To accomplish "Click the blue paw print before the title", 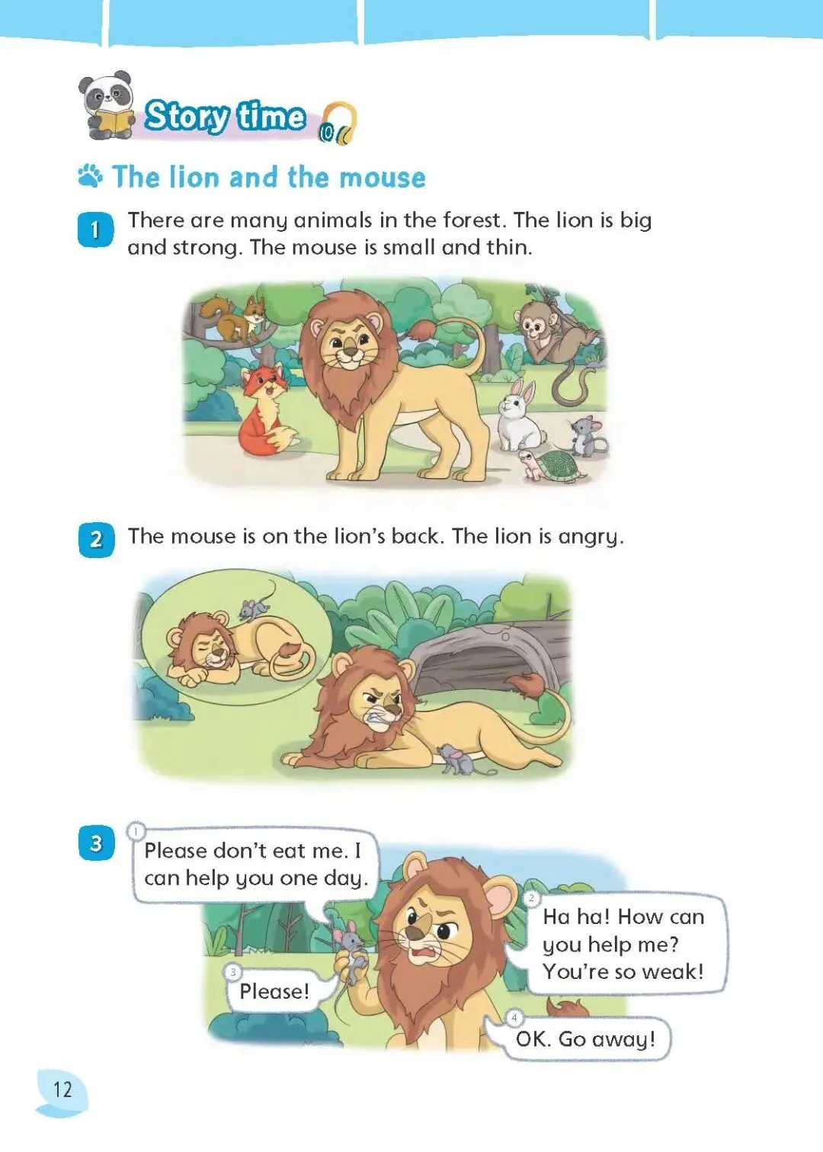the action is click(x=91, y=176).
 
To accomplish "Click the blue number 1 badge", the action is click(x=95, y=229).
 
